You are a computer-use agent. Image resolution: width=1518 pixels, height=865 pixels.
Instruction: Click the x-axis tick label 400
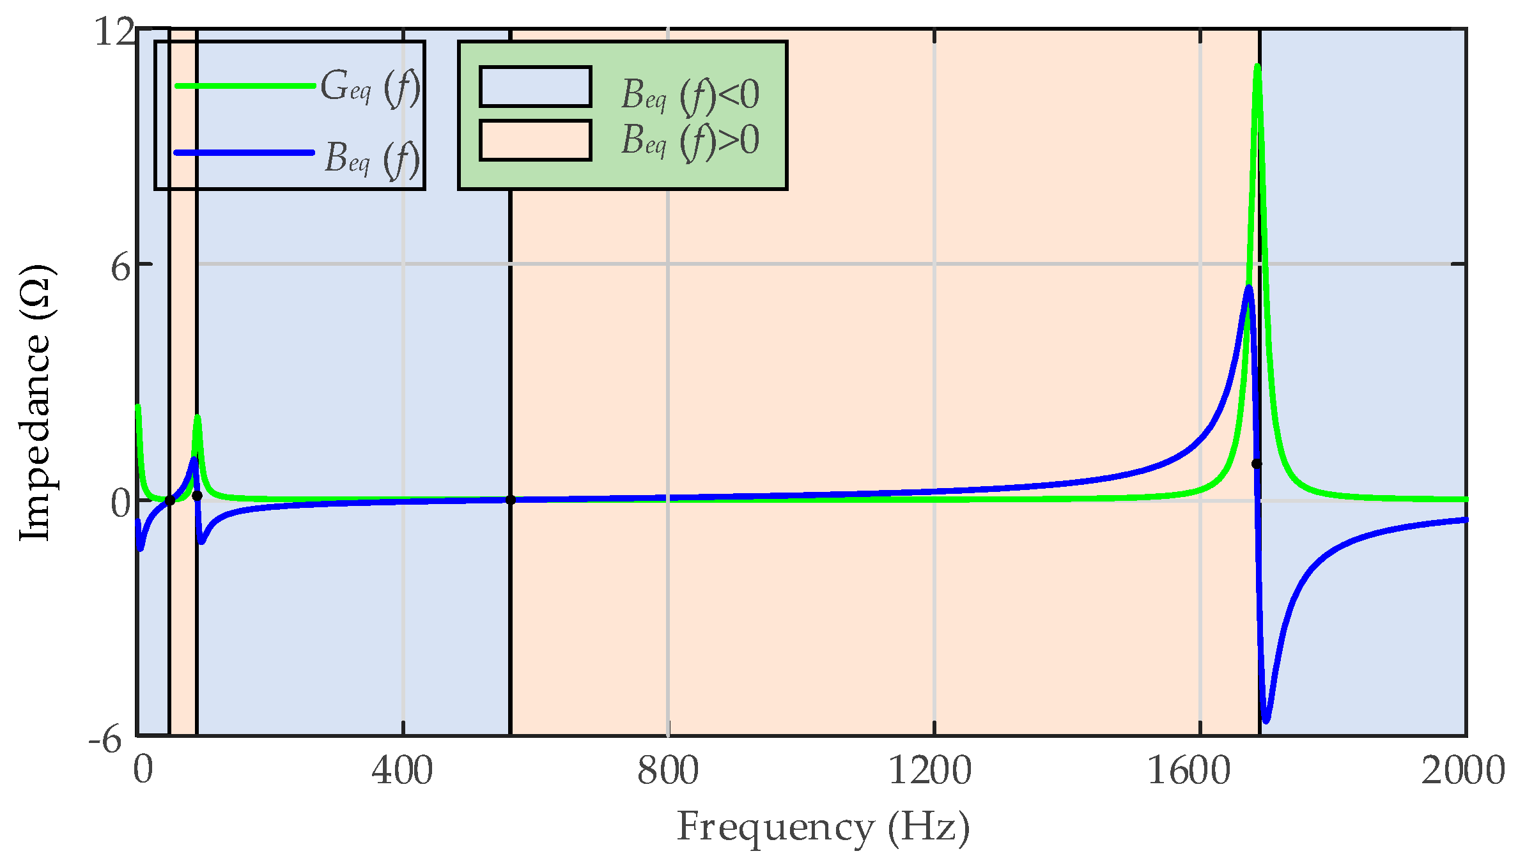coord(402,770)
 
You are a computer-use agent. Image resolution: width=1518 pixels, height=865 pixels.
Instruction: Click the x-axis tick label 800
coord(667,770)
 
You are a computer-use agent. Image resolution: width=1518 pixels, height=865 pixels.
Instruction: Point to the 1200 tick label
coord(930,770)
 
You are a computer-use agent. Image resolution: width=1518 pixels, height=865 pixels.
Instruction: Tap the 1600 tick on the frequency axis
coord(1189,770)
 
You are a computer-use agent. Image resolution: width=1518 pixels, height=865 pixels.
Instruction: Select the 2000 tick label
coord(1462,770)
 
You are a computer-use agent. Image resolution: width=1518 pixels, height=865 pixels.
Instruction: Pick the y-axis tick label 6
coord(121,267)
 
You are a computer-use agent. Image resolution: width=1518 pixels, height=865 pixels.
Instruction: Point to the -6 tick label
coord(105,740)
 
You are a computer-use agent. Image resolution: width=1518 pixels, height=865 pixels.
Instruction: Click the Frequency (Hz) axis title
coord(823,828)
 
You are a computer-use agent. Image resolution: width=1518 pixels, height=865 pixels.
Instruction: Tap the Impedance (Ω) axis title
coord(35,402)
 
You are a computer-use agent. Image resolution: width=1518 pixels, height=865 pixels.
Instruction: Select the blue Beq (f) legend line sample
coord(245,153)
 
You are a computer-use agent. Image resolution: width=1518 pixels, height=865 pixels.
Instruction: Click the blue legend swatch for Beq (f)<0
coord(535,87)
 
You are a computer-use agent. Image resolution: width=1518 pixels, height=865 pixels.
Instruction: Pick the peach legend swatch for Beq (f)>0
coord(535,141)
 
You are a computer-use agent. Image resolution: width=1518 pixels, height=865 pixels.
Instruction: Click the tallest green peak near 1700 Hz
coord(1257,66)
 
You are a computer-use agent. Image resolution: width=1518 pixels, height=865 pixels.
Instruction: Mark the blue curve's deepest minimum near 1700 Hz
coord(1266,721)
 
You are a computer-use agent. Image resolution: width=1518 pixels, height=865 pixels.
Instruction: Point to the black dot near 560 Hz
coord(510,500)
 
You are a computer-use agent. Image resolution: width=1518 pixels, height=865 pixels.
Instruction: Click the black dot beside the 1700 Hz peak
coord(1256,464)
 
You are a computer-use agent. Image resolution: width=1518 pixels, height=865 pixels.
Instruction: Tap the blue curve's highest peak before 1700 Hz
coord(1248,287)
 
